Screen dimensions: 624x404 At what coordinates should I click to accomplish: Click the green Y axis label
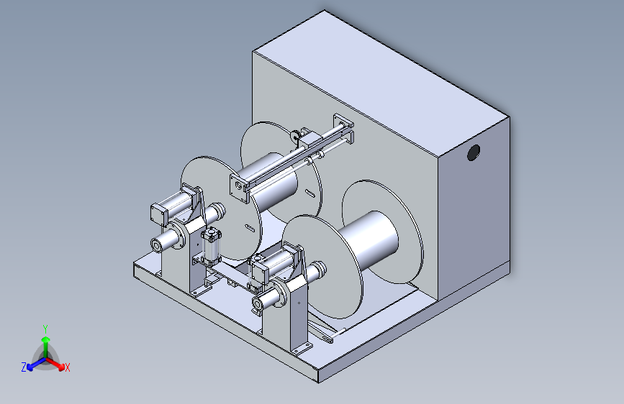45,329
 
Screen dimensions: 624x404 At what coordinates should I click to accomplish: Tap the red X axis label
67,367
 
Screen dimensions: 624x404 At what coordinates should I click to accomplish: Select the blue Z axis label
24,367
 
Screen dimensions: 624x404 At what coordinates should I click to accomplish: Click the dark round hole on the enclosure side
473,152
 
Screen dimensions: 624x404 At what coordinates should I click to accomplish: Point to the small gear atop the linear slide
295,136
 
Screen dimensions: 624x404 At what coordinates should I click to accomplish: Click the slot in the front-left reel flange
250,228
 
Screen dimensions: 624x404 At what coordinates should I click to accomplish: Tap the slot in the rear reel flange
310,193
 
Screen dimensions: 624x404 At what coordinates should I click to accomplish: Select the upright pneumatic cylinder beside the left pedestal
211,247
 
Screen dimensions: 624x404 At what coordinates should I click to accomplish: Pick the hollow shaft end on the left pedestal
156,246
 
